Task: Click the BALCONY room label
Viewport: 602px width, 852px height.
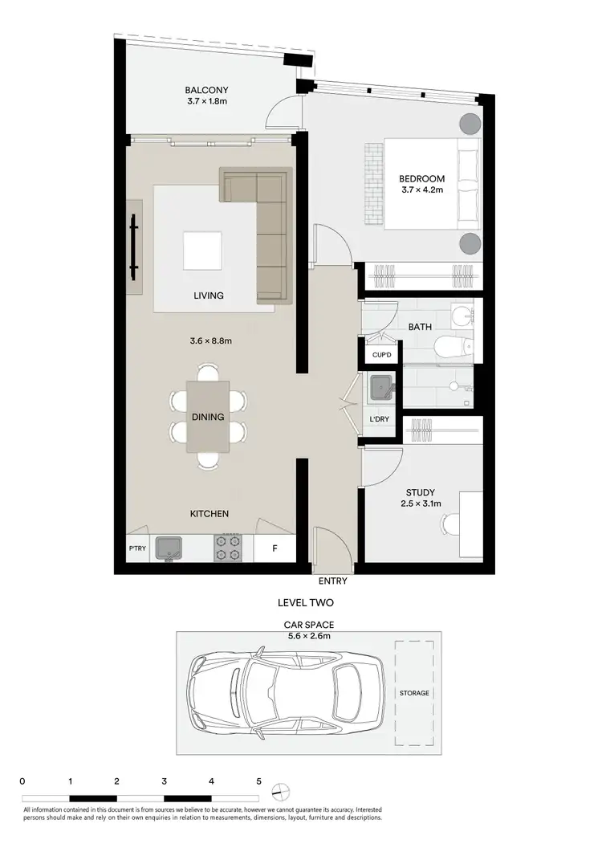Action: [x=201, y=90]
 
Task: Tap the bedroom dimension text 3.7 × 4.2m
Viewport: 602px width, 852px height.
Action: [x=422, y=190]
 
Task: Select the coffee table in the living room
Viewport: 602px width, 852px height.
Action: [x=202, y=251]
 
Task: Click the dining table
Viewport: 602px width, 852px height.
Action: [x=208, y=416]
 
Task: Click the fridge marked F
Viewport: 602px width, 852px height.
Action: [x=275, y=549]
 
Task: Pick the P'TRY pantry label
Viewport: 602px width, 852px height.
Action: [x=136, y=549]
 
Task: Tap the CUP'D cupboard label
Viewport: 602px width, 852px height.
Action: [x=381, y=354]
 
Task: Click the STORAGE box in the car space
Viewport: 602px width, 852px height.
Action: [x=414, y=692]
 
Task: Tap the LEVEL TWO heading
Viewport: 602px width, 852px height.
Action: [x=305, y=602]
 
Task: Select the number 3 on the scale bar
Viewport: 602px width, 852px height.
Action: [x=164, y=781]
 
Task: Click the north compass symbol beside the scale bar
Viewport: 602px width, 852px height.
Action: [x=279, y=792]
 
